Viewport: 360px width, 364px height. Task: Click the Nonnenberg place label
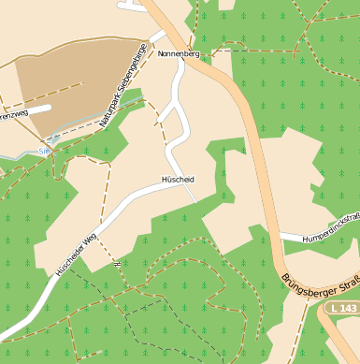179,54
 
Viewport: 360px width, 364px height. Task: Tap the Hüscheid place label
177,179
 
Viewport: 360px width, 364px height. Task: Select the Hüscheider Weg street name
76,254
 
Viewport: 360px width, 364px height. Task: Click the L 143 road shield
343,308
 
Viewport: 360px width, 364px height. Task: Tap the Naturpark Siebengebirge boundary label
123,85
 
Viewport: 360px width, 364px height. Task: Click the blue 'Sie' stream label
44,149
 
